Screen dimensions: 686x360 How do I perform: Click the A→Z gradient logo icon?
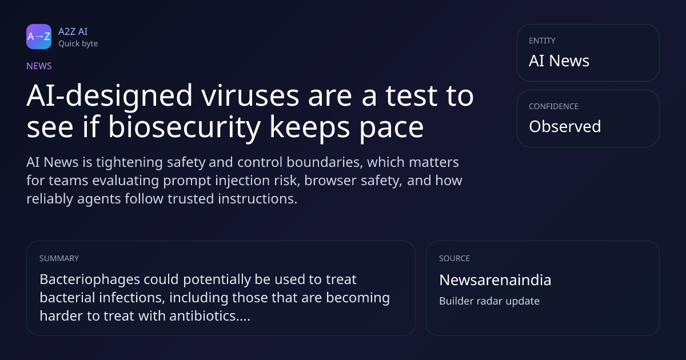pos(39,37)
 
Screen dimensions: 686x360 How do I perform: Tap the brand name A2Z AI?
pos(73,31)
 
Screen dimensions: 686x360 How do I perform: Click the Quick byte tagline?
pos(78,44)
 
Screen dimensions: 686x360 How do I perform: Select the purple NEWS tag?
pos(39,66)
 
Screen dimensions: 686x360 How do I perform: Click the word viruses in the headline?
pos(250,95)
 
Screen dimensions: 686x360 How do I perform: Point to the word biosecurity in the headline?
pos(184,127)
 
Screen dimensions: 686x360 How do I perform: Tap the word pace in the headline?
pos(392,129)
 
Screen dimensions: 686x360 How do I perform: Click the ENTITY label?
pos(542,41)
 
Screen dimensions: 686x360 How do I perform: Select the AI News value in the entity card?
pos(559,61)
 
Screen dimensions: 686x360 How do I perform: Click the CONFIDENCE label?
pos(554,106)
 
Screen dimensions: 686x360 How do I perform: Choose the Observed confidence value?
pos(565,126)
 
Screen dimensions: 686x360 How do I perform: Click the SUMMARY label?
pos(59,258)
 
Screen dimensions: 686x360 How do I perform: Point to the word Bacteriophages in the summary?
pos(90,280)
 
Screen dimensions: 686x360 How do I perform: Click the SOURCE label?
pos(454,258)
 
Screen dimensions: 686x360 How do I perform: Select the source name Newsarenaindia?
pos(495,280)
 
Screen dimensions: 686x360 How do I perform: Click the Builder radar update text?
pos(489,301)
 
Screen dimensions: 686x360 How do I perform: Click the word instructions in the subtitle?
pos(258,199)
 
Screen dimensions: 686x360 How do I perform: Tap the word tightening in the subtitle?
pos(129,162)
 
